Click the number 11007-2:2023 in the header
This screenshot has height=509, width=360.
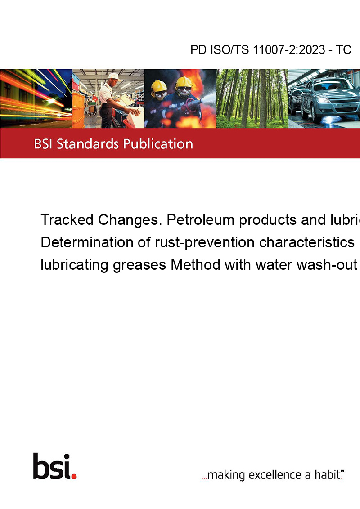(x=289, y=49)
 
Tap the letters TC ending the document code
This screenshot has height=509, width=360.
(x=343, y=49)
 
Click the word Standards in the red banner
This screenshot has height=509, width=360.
(x=88, y=144)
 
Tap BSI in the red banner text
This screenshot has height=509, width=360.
(x=43, y=144)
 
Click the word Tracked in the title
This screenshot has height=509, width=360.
(x=67, y=220)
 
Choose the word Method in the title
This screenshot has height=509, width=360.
(x=196, y=264)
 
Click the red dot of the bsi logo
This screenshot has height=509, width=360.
(x=74, y=476)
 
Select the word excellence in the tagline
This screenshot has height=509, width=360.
(x=275, y=475)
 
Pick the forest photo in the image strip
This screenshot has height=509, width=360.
(x=252, y=98)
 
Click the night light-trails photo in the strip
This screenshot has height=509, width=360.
(x=36, y=98)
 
